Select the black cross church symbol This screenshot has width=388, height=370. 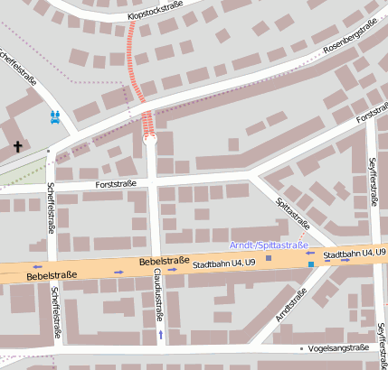click(17, 145)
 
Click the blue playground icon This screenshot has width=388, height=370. click(56, 116)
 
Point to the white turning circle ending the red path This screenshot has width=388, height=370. click(150, 140)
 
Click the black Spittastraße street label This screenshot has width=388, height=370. click(292, 214)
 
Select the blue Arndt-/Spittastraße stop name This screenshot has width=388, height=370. click(269, 245)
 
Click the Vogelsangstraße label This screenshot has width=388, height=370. click(338, 347)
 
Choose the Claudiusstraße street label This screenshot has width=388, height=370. click(157, 294)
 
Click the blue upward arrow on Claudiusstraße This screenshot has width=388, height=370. click(161, 335)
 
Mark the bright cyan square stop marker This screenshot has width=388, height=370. click(311, 264)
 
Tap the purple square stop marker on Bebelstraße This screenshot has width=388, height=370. click(269, 257)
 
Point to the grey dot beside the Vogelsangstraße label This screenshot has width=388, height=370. click(301, 347)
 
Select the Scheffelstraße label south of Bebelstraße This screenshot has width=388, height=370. click(56, 313)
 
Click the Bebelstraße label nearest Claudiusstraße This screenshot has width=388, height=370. click(164, 261)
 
